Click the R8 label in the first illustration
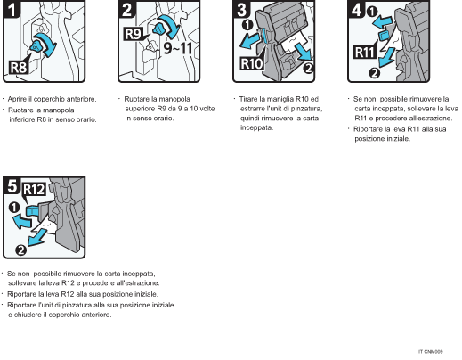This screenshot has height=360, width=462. point(20,66)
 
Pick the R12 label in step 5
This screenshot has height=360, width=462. point(34,189)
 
